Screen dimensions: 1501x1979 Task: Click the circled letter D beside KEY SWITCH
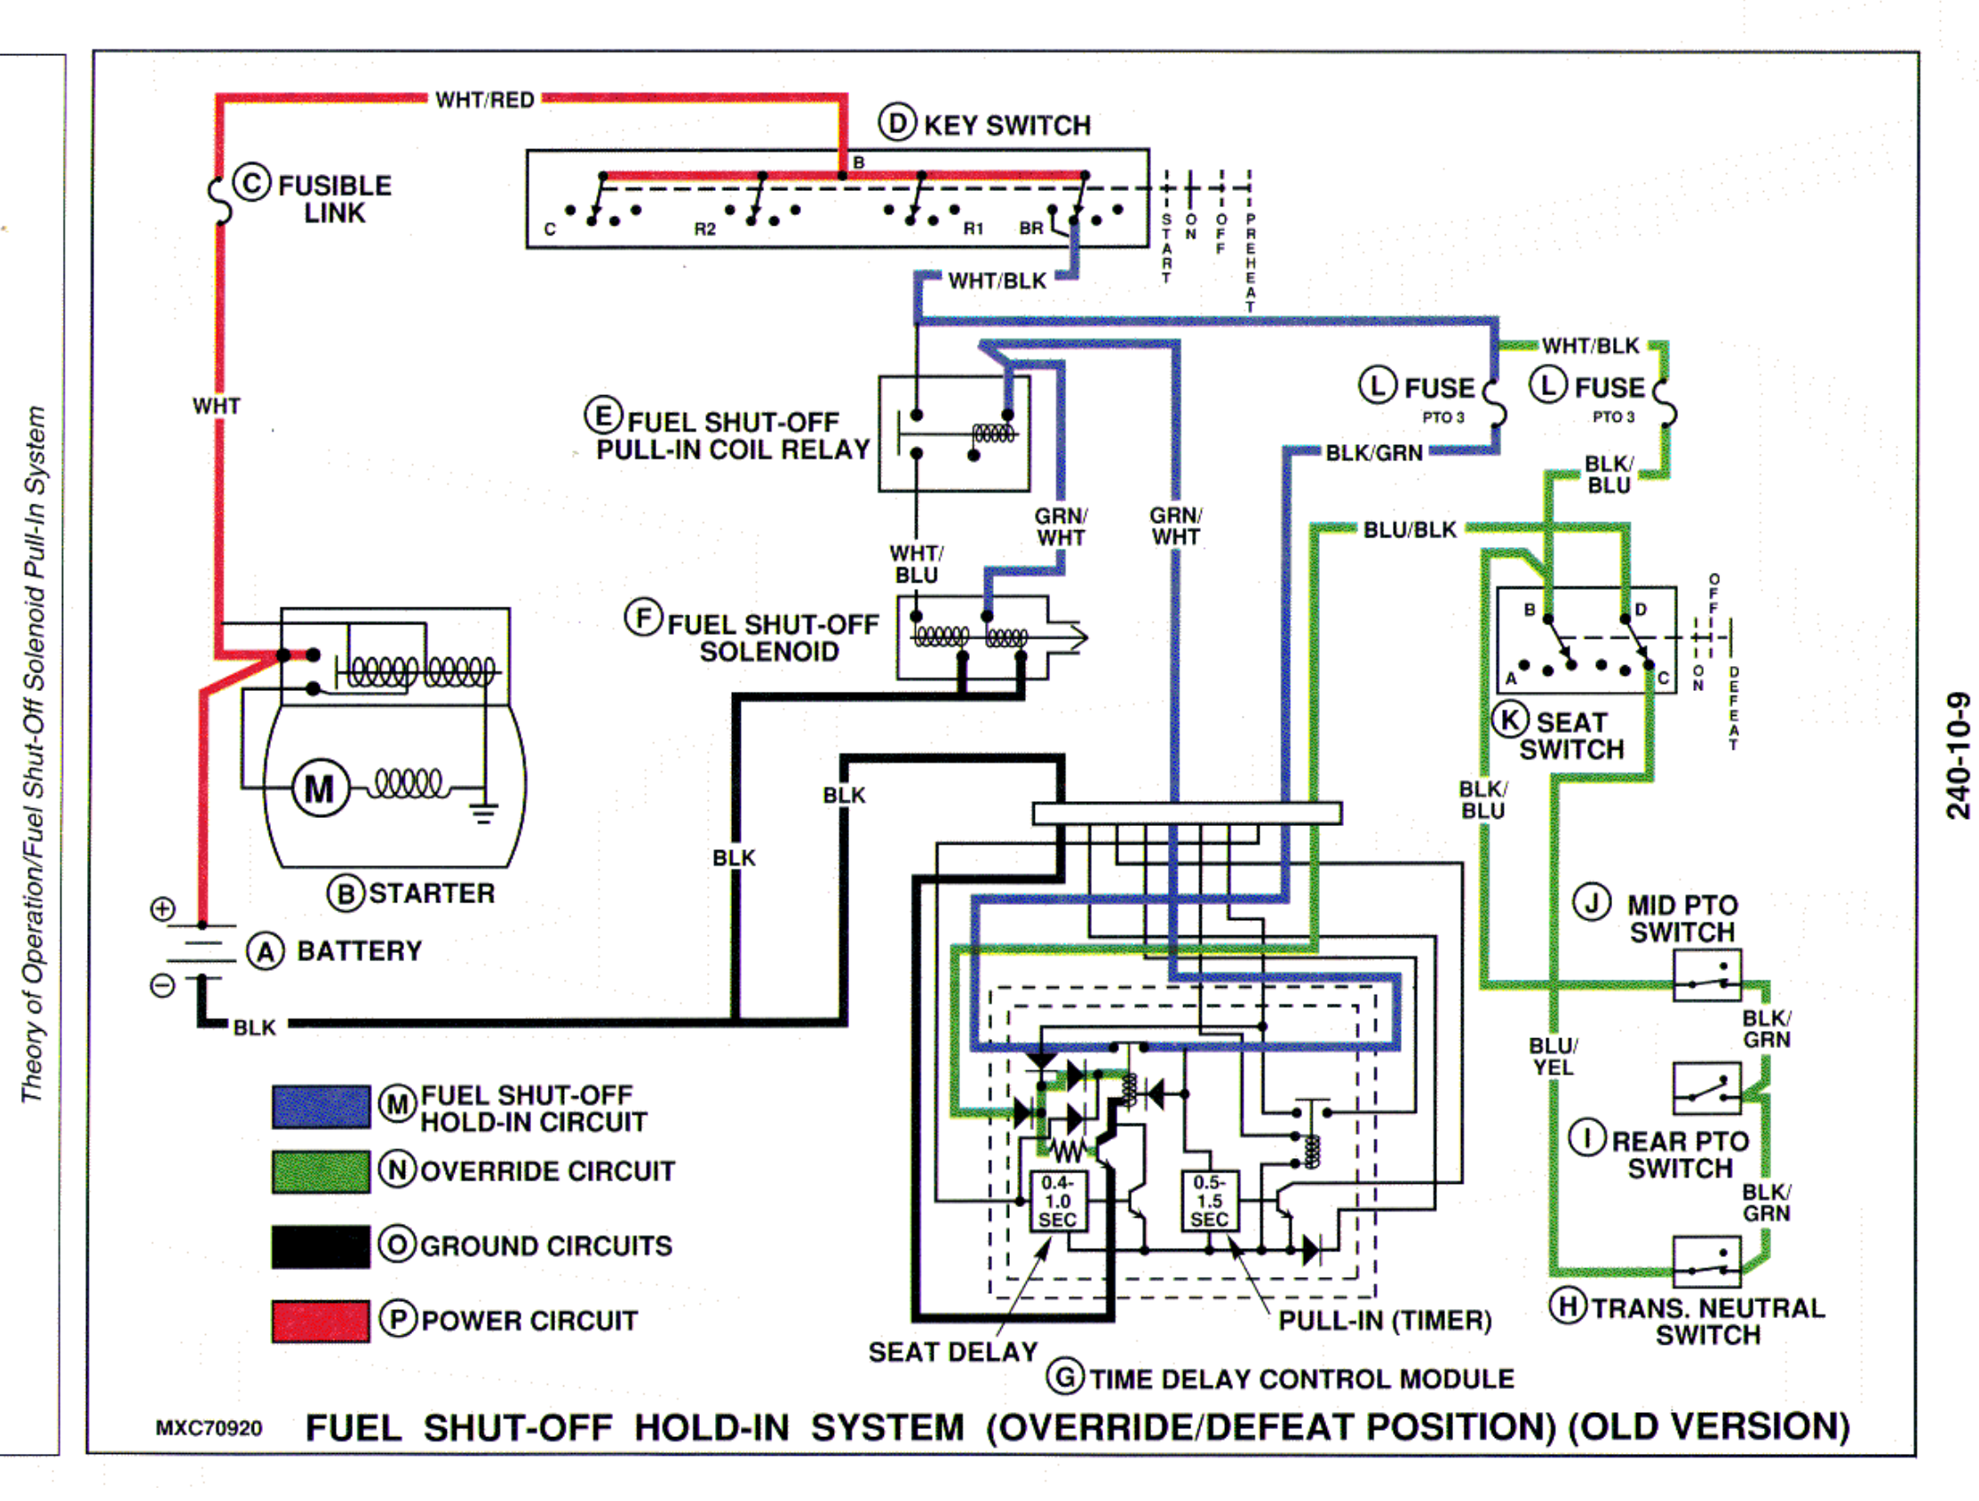tap(896, 123)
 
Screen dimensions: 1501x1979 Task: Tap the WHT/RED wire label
tap(484, 99)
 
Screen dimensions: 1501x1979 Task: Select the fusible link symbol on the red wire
tap(219, 201)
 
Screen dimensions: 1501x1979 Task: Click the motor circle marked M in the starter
tap(320, 788)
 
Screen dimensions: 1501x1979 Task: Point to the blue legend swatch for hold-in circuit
tap(321, 1107)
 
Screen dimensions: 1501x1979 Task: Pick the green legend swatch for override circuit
tap(321, 1171)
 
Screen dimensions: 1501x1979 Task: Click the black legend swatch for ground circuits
tap(321, 1246)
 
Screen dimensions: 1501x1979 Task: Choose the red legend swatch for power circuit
tap(321, 1321)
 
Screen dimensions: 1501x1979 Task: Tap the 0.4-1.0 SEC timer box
tap(1058, 1202)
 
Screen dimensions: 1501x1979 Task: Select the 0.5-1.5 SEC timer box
tap(1210, 1202)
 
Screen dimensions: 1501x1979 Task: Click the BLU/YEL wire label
tap(1554, 1056)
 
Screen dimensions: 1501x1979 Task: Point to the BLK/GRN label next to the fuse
tap(1374, 453)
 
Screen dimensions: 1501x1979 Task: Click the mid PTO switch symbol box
tap(1706, 975)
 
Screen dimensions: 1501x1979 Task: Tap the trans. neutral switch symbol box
tap(1706, 1261)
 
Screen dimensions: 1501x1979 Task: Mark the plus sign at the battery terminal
tap(162, 909)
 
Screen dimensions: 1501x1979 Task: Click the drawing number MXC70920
tap(209, 1427)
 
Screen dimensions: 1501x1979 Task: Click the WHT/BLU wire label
tap(916, 564)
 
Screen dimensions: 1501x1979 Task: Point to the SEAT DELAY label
tap(953, 1352)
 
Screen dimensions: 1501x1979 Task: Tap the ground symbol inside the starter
tap(484, 810)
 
